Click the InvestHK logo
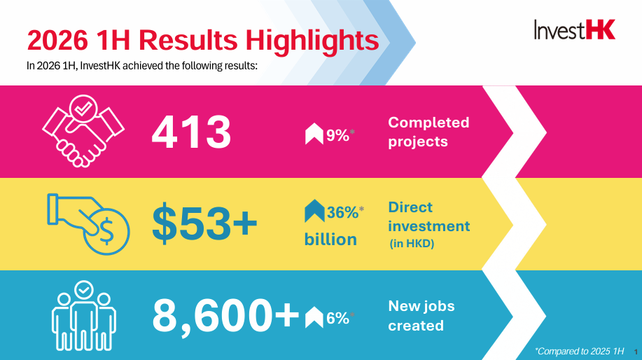pyautogui.click(x=575, y=29)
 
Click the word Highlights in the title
pyautogui.click(x=312, y=41)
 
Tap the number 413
pyautogui.click(x=191, y=132)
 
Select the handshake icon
pyautogui.click(x=83, y=131)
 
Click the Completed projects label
pyautogui.click(x=428, y=132)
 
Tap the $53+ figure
pyautogui.click(x=204, y=223)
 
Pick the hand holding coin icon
pyautogui.click(x=88, y=224)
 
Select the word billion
pyautogui.click(x=330, y=239)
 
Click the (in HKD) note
pyautogui.click(x=412, y=243)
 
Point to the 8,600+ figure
pyautogui.click(x=225, y=316)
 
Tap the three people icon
pyautogui.click(x=84, y=315)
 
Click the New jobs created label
pyautogui.click(x=421, y=315)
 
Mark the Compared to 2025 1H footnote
pyautogui.click(x=580, y=351)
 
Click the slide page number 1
pyautogui.click(x=636, y=352)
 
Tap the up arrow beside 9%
pyautogui.click(x=314, y=134)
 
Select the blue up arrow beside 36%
pyautogui.click(x=314, y=211)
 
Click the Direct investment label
pyautogui.click(x=428, y=216)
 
